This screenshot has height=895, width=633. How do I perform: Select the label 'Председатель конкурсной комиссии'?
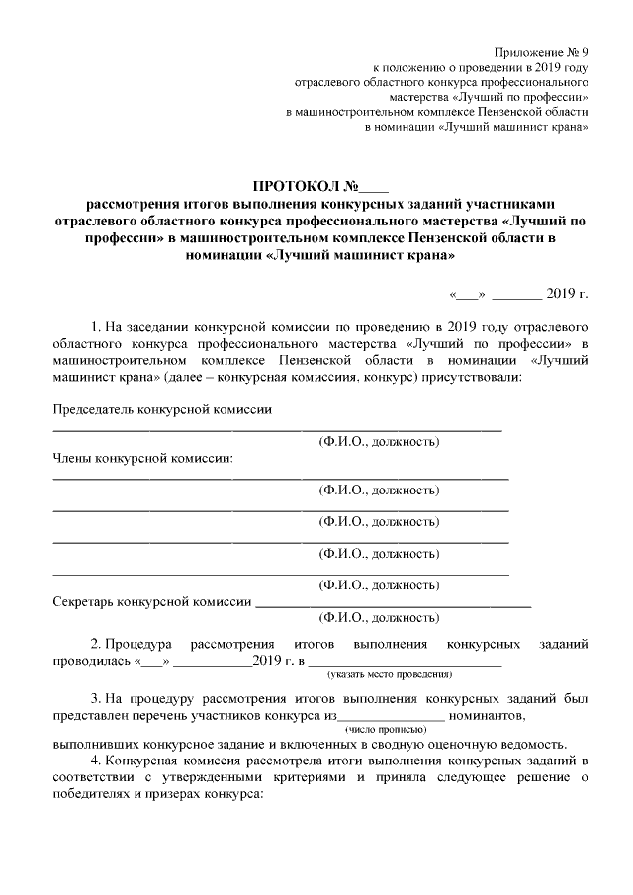[161, 409]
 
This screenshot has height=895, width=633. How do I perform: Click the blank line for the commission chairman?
[277, 430]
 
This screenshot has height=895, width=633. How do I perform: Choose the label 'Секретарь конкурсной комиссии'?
[151, 601]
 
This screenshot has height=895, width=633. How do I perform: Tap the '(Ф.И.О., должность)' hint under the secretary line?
[378, 619]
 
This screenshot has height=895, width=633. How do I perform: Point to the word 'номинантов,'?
[487, 715]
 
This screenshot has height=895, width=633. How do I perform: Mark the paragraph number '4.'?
[96, 760]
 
